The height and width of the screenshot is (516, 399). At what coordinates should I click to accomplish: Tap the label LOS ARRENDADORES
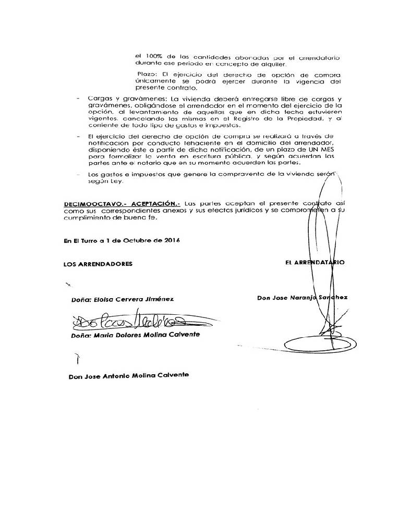[x=98, y=264]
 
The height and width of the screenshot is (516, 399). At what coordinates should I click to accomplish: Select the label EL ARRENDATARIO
[x=315, y=263]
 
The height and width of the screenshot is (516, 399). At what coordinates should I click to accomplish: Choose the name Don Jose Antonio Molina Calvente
[x=128, y=376]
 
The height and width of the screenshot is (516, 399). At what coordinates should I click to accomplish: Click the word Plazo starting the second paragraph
[x=147, y=75]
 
